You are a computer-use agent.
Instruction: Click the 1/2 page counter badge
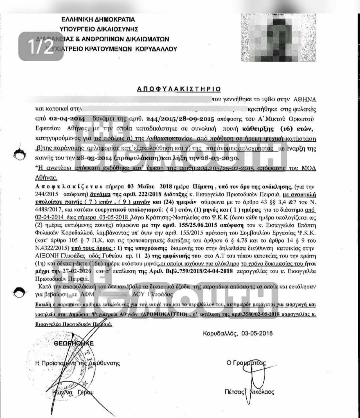41,46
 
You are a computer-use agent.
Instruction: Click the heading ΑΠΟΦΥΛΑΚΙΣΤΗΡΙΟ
179,89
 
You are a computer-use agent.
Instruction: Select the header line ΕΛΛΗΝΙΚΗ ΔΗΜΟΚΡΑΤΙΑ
98,19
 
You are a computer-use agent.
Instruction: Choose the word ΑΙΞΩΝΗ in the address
46,256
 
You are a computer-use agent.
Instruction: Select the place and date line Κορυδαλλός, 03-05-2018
237,333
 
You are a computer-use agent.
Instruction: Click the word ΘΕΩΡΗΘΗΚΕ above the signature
74,343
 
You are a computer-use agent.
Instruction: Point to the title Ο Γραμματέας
246,363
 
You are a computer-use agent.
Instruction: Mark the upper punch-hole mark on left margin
21,155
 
